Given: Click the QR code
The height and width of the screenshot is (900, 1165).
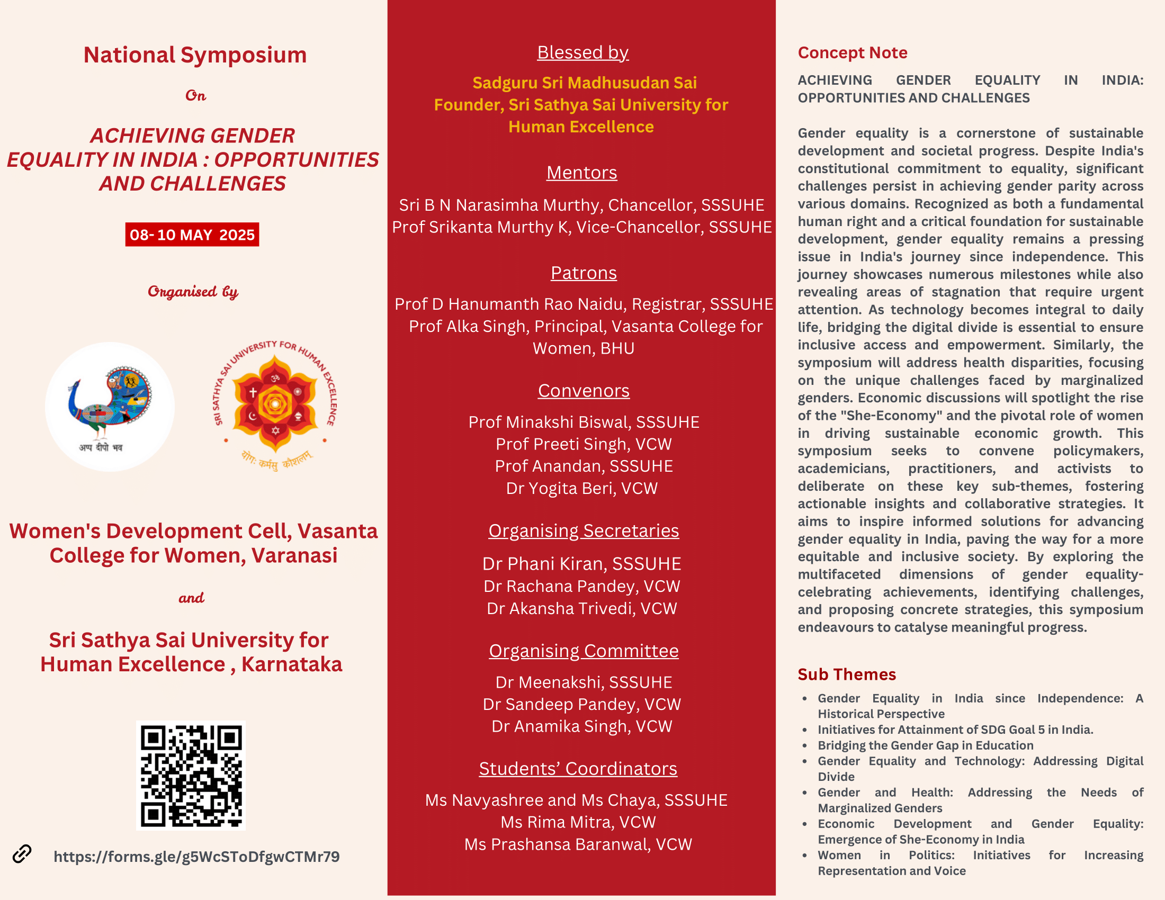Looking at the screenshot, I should click(x=191, y=775).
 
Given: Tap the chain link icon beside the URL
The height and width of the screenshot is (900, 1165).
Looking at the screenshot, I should click(x=22, y=853).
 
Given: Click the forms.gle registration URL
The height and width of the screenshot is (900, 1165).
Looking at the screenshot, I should click(x=196, y=856).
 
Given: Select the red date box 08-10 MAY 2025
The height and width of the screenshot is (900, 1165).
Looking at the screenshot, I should click(x=192, y=235).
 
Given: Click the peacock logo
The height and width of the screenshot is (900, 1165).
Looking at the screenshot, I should click(x=110, y=406).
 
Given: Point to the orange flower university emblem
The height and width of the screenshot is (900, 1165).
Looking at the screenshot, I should click(x=275, y=405).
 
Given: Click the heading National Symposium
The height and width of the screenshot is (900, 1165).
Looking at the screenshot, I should click(x=195, y=55).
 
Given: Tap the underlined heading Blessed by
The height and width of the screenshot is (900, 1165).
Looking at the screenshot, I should click(x=582, y=52).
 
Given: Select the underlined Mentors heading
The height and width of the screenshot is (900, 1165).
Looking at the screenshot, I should click(x=581, y=172).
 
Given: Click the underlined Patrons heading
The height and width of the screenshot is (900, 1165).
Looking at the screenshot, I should click(x=584, y=273).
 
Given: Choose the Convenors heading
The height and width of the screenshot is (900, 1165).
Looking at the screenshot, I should click(x=584, y=390).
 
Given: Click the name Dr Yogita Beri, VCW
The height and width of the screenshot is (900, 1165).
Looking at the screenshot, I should click(x=581, y=488).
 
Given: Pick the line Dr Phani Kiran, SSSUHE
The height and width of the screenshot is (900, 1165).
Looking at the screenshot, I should click(x=581, y=564).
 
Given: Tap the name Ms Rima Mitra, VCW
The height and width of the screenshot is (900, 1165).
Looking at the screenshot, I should click(x=578, y=822).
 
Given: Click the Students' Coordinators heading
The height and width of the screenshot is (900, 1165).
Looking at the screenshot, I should click(x=578, y=768).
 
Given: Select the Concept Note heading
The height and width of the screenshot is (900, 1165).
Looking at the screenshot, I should click(x=853, y=52).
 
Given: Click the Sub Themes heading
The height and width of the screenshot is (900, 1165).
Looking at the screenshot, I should click(x=847, y=674).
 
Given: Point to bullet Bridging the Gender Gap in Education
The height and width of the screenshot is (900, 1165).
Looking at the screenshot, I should click(x=925, y=745).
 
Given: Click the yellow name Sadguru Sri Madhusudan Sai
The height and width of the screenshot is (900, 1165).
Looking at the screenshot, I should click(x=584, y=83).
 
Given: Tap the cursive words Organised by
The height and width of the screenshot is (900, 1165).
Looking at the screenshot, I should click(x=193, y=291).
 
